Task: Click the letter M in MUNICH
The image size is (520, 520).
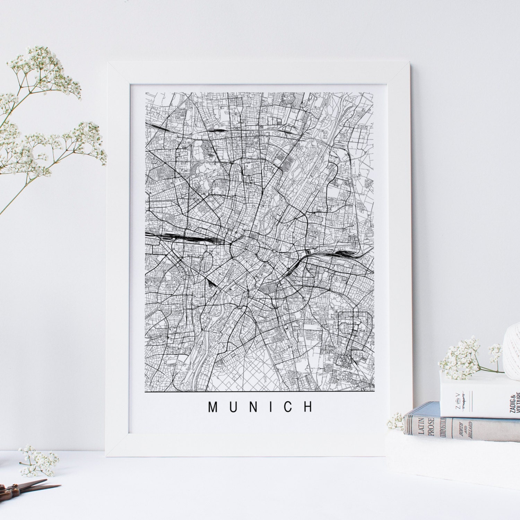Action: coord(213,407)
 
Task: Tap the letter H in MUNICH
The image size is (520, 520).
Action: coord(308,407)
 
